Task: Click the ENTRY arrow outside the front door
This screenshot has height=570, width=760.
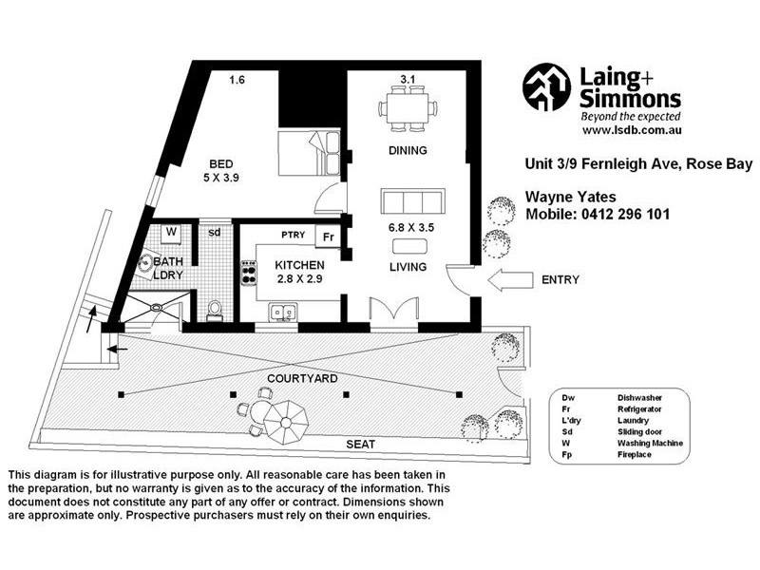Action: point(510,281)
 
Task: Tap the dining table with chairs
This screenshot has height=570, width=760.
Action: point(408,108)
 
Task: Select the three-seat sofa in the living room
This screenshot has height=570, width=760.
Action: point(412,201)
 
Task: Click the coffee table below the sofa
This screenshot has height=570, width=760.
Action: point(410,247)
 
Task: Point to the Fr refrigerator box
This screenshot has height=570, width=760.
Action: point(328,237)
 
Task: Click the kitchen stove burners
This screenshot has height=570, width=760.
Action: point(249,273)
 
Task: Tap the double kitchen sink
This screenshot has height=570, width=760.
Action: point(283,313)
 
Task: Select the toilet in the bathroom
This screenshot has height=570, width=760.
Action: point(215,312)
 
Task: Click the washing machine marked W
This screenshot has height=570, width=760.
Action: point(171,233)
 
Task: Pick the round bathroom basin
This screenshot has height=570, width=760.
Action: point(145,264)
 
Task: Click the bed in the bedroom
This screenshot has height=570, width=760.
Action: point(310,153)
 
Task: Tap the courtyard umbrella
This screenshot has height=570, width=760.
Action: point(286,423)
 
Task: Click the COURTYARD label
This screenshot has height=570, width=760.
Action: point(302,378)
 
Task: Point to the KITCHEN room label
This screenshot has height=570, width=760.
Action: point(299,265)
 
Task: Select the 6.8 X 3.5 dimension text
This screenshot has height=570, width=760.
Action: point(411,227)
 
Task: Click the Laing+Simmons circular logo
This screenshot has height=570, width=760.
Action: point(546,87)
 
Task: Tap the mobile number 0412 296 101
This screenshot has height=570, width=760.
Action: point(625,215)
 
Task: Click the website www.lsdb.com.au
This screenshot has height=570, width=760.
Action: point(632,130)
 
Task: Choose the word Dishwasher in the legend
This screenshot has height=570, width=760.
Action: point(639,398)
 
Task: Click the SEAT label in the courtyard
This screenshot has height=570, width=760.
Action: point(361,444)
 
